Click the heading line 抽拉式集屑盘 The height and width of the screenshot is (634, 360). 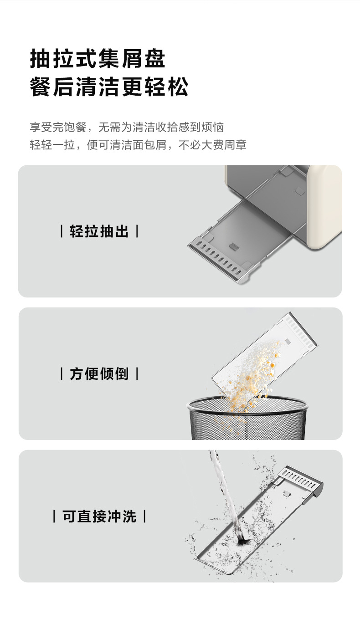coord(98,59)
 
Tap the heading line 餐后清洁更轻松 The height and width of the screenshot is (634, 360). coord(109,87)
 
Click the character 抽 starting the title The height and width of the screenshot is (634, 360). coord(40,59)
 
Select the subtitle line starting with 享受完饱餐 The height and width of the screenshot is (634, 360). coord(127,127)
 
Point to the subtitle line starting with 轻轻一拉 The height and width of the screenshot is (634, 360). coord(138,145)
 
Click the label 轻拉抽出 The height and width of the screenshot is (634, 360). coord(99,231)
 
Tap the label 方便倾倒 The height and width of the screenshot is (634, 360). coord(99,373)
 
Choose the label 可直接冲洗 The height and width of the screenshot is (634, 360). coord(99,516)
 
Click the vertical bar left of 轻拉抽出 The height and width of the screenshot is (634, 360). coord(62,231)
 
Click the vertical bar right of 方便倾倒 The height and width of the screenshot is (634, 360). coord(137,373)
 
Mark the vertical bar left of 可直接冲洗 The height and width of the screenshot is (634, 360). coord(54,516)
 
